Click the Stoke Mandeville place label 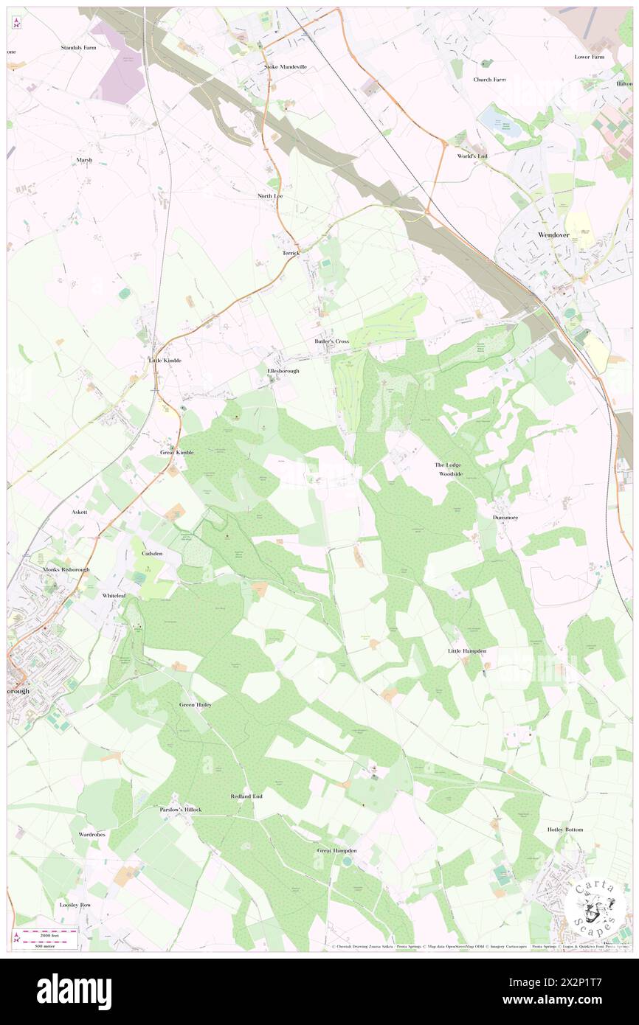coord(286,66)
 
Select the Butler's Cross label coord(331,341)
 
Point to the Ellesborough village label coord(283,371)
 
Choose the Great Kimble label coord(177,452)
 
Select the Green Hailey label coord(196,705)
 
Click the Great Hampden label coord(336,850)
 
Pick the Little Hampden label coord(467,651)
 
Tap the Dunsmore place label coord(505,518)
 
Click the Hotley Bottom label coord(565,830)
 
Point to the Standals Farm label coord(79,47)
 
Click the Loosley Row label coord(75,904)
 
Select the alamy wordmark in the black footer coord(74,992)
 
